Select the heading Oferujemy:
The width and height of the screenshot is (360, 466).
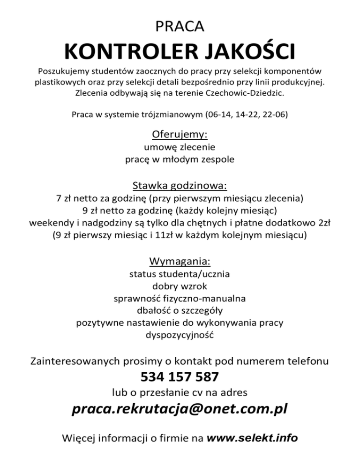[x=180, y=135]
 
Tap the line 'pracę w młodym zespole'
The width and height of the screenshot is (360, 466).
[x=180, y=159]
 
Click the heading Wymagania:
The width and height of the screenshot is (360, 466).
[x=180, y=261]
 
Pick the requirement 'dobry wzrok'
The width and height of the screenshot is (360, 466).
[x=180, y=286]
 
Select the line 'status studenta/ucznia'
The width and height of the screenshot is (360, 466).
[x=180, y=273]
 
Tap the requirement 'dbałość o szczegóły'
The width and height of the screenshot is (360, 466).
[x=180, y=310]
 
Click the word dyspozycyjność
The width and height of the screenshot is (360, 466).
[x=180, y=335]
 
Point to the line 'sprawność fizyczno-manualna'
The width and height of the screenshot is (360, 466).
[x=180, y=298]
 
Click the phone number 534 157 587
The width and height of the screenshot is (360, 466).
[x=180, y=377]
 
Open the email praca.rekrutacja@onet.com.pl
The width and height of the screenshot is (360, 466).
[x=180, y=410]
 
